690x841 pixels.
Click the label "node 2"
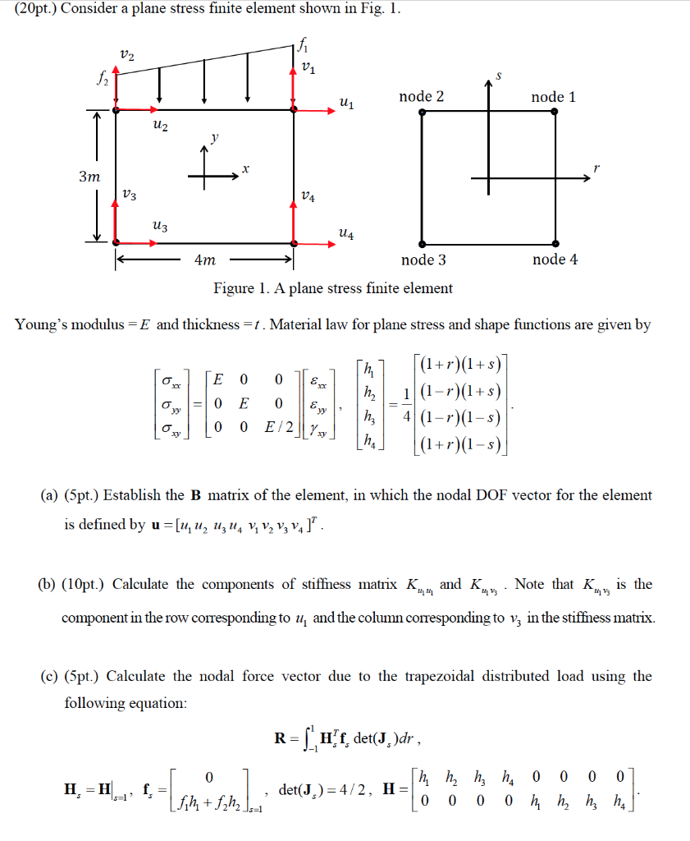pos(421,97)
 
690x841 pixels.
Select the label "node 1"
pos(553,97)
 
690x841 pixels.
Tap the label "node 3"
pos(423,260)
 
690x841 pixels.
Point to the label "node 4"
pos(555,260)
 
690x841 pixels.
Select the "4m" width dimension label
pos(205,260)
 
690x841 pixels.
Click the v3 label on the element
pos(129,195)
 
